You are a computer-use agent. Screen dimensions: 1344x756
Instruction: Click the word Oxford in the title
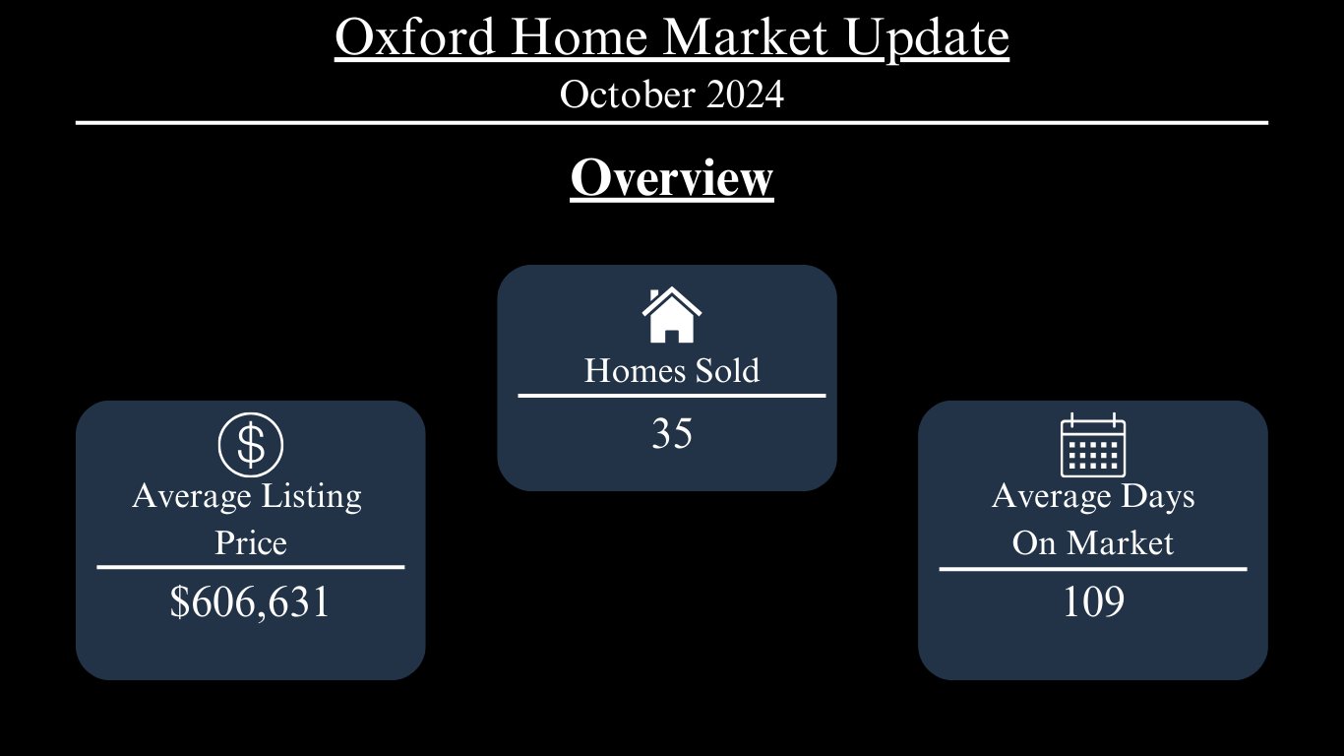pos(414,36)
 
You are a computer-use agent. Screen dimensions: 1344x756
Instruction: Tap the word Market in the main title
pos(745,36)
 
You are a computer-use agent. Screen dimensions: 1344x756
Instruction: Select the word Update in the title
pos(927,39)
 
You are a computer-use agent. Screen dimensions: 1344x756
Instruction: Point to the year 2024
pos(745,94)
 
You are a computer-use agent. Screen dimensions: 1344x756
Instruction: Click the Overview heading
pos(672,178)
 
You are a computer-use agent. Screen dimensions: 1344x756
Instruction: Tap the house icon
pos(671,315)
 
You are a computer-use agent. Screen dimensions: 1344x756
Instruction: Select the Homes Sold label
pos(672,370)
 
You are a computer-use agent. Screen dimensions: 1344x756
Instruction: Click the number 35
pos(672,433)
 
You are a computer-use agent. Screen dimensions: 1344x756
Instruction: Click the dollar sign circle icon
pos(251,445)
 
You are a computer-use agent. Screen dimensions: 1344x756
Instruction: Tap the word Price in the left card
pos(251,542)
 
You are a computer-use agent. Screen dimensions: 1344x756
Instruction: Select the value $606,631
pos(250,601)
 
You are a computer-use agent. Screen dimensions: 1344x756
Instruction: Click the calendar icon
pos(1093,445)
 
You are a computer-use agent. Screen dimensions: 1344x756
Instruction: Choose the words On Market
pos(1092,542)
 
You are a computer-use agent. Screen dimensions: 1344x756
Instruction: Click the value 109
pos(1093,601)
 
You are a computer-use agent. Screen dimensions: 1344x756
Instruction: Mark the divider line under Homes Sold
pos(672,396)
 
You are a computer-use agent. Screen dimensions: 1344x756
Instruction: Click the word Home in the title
pos(579,36)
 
